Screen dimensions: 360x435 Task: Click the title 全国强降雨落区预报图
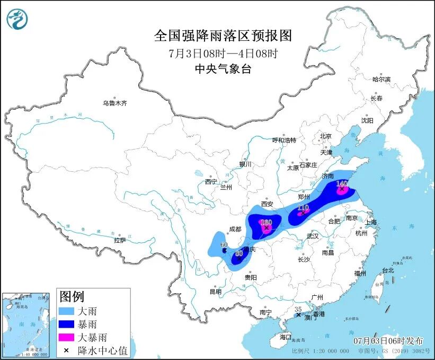click(x=223, y=36)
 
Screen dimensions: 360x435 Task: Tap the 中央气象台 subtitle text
click(x=223, y=68)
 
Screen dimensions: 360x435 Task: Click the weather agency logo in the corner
click(x=17, y=20)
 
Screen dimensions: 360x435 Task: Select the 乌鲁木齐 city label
click(x=115, y=103)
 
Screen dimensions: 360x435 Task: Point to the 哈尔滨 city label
click(x=380, y=79)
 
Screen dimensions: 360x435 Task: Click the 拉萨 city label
click(x=120, y=240)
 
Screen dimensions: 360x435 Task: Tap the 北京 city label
click(x=325, y=136)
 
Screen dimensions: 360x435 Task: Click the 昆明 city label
click(x=215, y=291)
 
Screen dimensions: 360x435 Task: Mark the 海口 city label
click(x=286, y=337)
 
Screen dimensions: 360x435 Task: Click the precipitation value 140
click(x=342, y=183)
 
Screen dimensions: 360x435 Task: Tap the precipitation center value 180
click(x=266, y=222)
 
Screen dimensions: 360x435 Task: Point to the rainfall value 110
click(x=303, y=207)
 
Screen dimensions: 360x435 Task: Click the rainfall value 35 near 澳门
click(x=298, y=308)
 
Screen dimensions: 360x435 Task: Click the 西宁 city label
click(x=211, y=182)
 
